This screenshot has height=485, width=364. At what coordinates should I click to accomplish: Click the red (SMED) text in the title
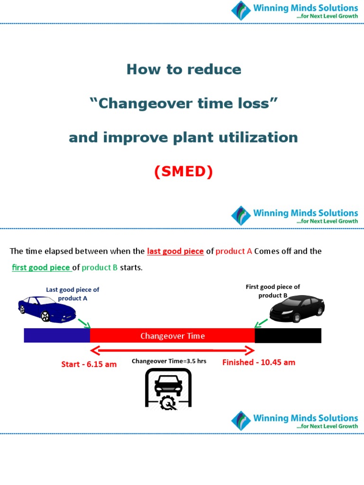pyautogui.click(x=183, y=172)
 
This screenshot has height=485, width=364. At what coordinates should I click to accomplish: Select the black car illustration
pyautogui.click(x=297, y=308)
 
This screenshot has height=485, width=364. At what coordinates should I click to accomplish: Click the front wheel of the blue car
pyautogui.click(x=45, y=316)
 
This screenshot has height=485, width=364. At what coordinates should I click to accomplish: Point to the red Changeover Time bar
pyautogui.click(x=173, y=336)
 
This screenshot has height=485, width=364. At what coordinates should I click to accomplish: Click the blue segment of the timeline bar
pyautogui.click(x=57, y=336)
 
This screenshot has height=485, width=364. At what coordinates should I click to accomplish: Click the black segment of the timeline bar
pyautogui.click(x=288, y=336)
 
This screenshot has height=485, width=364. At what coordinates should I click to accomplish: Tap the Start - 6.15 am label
pyautogui.click(x=89, y=364)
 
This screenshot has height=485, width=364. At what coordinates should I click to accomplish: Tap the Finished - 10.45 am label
pyautogui.click(x=259, y=362)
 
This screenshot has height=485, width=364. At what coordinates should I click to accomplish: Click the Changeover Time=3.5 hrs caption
pyautogui.click(x=169, y=361)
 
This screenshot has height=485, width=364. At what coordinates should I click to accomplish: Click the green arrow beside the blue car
pyautogui.click(x=84, y=323)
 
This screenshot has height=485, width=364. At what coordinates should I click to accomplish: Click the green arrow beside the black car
pyautogui.click(x=261, y=323)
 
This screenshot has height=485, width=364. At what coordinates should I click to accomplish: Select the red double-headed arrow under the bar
pyautogui.click(x=173, y=350)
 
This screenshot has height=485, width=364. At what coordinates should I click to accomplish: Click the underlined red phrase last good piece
pyautogui.click(x=175, y=251)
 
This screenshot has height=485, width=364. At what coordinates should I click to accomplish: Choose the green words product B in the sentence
pyautogui.click(x=100, y=268)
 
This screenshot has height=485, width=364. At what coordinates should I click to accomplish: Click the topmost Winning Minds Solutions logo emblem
pyautogui.click(x=241, y=10)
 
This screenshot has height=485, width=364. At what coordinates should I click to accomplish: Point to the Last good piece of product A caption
pyautogui.click(x=73, y=294)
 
